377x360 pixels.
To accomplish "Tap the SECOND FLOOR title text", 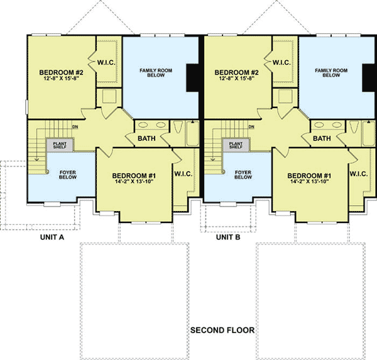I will pos(222,330).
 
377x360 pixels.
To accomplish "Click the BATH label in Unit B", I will pos(322,139).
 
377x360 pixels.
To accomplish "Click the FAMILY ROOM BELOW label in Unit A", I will pos(155,72).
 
